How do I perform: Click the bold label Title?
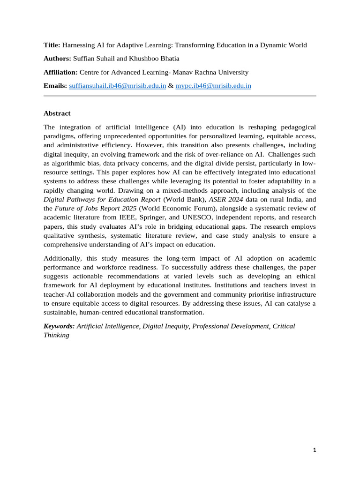[52, 45]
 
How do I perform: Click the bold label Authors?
[57, 59]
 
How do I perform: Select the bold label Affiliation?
[60, 72]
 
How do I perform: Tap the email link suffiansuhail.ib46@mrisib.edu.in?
[117, 86]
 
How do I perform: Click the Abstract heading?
[57, 113]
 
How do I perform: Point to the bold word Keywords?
[59, 326]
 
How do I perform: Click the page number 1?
[315, 450]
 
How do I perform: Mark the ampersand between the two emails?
[171, 86]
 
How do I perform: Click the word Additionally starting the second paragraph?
[63, 259]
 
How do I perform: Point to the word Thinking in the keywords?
[56, 335]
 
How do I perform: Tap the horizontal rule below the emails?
[180, 96]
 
